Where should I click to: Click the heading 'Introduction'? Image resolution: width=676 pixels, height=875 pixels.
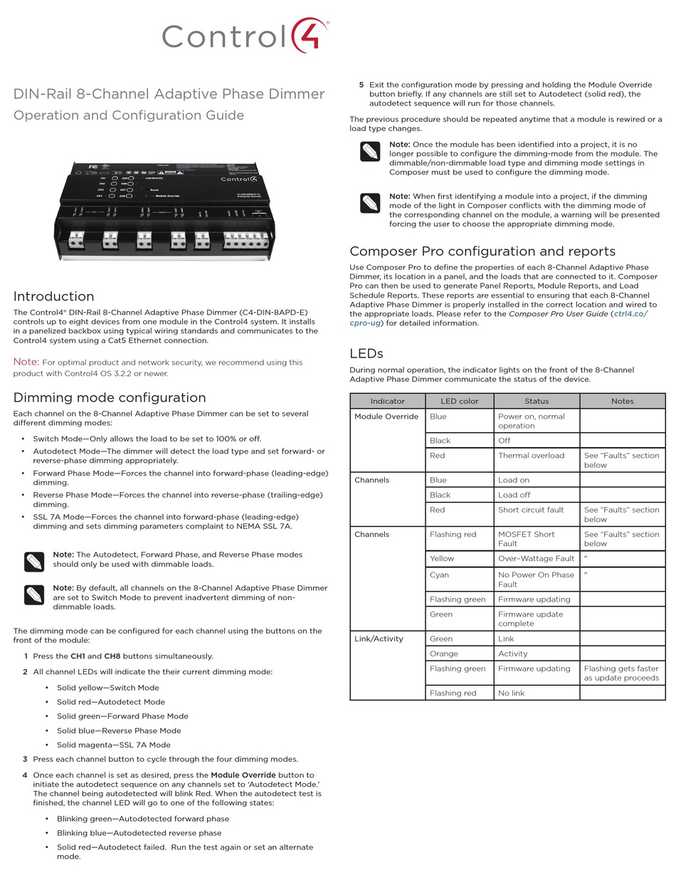54,296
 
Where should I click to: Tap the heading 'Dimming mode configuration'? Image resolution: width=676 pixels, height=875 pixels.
110,397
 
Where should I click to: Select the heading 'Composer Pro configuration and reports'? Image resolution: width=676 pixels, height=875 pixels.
482,251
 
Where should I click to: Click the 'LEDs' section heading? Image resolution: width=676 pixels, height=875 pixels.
366,353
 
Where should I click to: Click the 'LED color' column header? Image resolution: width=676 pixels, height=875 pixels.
459,401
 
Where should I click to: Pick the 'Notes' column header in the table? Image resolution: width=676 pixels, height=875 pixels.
622,401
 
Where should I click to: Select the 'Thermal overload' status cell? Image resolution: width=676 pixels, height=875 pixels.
531,456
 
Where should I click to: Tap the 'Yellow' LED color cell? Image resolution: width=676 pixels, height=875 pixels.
442,558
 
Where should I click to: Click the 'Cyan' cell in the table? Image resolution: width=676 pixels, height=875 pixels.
439,575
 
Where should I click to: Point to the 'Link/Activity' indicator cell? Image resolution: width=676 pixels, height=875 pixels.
379,639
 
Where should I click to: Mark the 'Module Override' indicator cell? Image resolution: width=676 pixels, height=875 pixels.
386,416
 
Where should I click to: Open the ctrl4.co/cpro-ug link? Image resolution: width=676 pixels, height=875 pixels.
630,313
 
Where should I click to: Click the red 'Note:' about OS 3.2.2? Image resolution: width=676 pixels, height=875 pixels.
26,362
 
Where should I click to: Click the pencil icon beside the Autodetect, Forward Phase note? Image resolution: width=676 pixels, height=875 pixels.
34,561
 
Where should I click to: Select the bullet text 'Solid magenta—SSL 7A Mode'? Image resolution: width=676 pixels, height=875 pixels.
114,745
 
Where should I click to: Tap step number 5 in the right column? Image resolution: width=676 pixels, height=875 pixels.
361,85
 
